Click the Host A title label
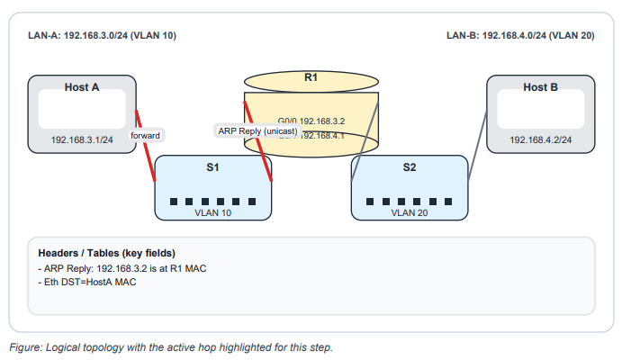point(82,87)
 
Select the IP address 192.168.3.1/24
point(82,139)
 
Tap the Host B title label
point(540,87)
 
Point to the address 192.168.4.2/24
point(540,139)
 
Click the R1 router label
point(311,78)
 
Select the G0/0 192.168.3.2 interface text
point(311,120)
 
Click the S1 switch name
point(213,167)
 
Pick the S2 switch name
point(410,167)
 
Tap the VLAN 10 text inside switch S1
point(213,213)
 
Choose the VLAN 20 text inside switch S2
point(410,213)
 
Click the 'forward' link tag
point(145,135)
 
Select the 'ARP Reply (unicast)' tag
point(257,130)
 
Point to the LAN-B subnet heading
point(519,36)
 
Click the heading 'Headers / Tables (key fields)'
point(105,252)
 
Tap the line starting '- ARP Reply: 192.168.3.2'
point(117,267)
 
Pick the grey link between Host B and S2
point(478,149)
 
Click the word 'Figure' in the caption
point(24,346)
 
